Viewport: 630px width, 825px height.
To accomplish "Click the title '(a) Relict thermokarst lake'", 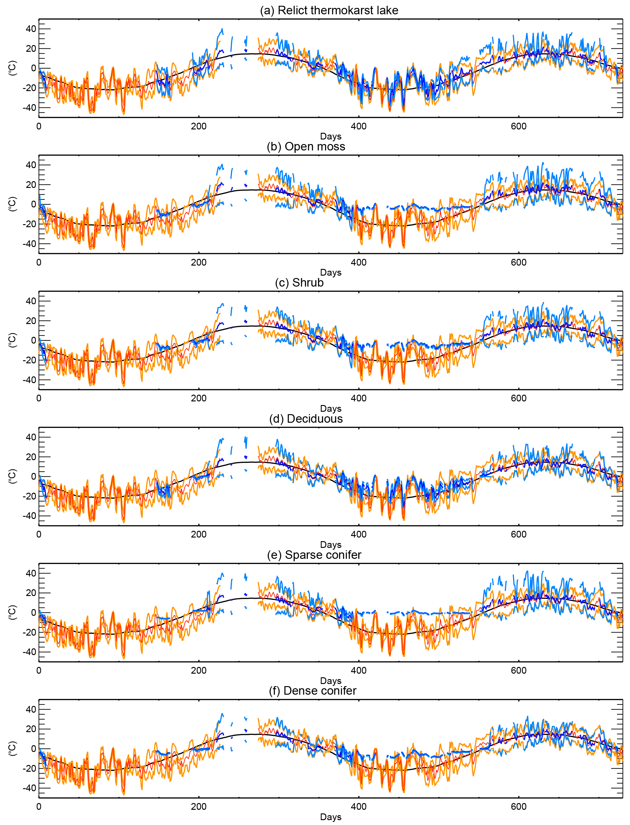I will tap(329, 10).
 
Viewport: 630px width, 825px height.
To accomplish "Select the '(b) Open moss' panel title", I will tap(306, 146).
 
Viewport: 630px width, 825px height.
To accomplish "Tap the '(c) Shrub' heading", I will tap(299, 283).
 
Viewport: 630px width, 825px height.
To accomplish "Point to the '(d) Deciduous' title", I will tap(306, 418).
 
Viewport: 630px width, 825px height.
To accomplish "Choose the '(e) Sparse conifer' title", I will tap(314, 555).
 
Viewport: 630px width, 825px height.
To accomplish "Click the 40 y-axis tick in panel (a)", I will tap(31, 29).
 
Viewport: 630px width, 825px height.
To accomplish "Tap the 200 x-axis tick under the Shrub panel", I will tap(198, 398).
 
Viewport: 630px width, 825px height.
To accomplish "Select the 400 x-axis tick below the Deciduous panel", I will tap(358, 534).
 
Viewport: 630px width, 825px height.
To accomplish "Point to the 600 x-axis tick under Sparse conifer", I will tap(519, 670).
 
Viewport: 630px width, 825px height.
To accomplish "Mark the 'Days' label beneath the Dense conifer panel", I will tap(331, 817).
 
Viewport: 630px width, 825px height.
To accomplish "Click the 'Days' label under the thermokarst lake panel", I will tap(331, 136).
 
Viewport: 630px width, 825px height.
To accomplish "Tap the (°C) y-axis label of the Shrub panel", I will tap(12, 340).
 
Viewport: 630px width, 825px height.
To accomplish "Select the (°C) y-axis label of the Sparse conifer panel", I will tap(12, 612).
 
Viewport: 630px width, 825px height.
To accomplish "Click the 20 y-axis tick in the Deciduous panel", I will tap(31, 457).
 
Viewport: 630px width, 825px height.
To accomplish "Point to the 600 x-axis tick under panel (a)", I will tap(519, 126).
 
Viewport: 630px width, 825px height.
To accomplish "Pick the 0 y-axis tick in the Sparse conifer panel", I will tap(34, 612).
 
